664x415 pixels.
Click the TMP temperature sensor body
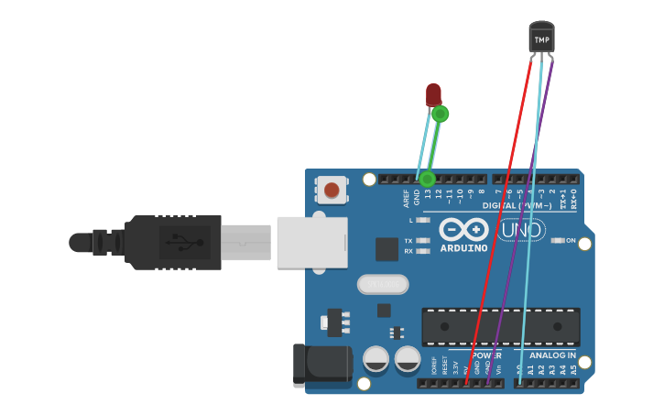click(542, 38)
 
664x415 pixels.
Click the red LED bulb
click(433, 93)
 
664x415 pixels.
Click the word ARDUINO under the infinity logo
click(463, 247)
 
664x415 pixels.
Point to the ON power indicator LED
click(558, 240)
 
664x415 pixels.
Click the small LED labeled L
click(423, 220)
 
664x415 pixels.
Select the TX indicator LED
click(423, 240)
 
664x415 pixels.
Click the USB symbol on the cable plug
click(184, 243)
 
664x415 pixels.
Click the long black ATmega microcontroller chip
click(500, 327)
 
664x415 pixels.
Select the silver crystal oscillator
click(382, 285)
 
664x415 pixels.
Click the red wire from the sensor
click(499, 220)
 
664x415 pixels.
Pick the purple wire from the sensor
click(519, 220)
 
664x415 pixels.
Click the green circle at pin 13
click(427, 179)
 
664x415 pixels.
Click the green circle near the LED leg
click(441, 114)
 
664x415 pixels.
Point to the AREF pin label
click(406, 198)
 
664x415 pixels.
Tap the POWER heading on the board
click(486, 355)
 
